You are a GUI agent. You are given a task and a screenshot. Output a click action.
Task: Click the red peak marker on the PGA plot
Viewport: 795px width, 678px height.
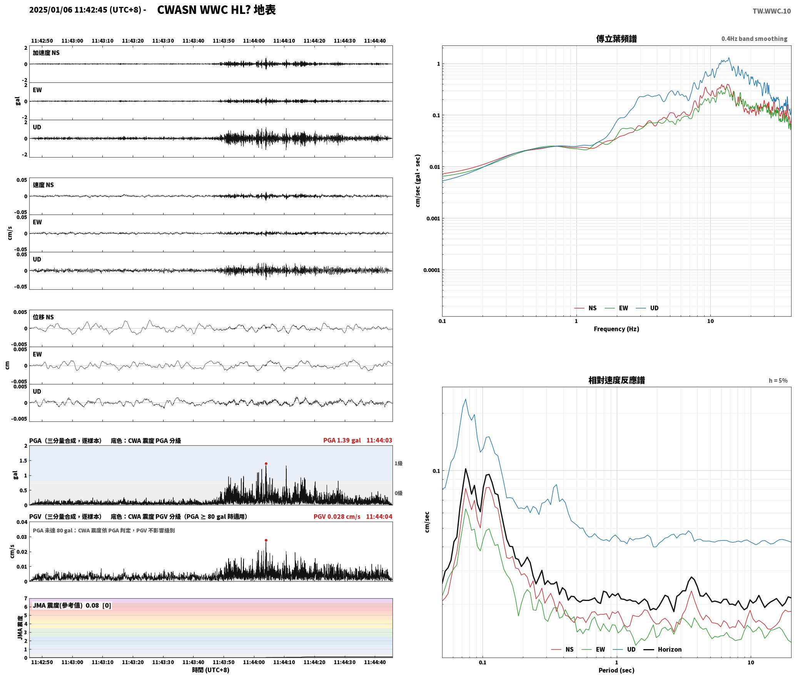[266, 464]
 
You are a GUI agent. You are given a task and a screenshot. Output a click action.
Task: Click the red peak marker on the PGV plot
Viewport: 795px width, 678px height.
[266, 540]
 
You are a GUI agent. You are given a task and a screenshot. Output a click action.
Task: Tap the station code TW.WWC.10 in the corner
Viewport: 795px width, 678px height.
[772, 11]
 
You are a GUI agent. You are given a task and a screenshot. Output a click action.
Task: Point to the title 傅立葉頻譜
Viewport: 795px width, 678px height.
[616, 39]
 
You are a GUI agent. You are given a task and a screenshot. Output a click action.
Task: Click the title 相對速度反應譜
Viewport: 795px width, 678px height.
[616, 380]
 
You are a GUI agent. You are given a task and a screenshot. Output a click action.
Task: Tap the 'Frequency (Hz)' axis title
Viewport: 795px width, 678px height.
[616, 329]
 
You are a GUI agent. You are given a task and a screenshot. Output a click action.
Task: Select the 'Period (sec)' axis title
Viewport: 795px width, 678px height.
[616, 671]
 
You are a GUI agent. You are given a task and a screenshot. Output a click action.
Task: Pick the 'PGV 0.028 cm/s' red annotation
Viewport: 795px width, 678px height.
[337, 517]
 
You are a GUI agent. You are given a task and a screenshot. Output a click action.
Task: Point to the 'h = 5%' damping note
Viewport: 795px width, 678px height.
[778, 381]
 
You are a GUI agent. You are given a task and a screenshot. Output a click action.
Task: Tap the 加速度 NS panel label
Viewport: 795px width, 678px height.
[46, 53]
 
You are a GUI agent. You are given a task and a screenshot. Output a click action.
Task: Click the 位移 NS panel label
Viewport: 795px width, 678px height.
[43, 317]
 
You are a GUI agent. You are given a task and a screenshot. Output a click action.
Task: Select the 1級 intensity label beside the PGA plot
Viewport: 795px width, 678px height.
[398, 463]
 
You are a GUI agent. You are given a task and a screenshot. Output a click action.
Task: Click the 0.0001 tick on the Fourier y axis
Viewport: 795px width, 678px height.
[431, 270]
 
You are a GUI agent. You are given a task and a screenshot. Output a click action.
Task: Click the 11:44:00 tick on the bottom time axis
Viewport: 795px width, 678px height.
[254, 662]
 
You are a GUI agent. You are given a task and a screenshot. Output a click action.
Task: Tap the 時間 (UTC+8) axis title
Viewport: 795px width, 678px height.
[211, 670]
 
